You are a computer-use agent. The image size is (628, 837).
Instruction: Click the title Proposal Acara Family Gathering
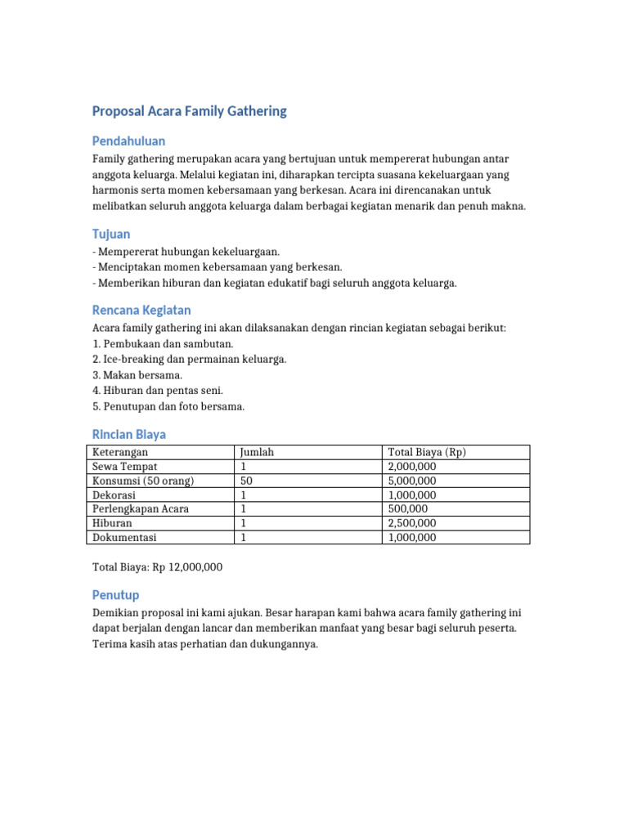tap(189, 111)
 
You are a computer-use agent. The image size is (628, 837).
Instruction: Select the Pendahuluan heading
tap(128, 141)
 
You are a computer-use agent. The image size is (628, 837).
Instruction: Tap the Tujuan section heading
tap(111, 234)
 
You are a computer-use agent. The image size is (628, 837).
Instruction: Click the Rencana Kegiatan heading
tap(141, 310)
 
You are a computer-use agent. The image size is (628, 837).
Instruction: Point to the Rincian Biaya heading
tap(129, 434)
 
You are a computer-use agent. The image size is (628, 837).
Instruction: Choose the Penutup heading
tap(115, 594)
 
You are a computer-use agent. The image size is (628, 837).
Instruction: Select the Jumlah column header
tap(257, 452)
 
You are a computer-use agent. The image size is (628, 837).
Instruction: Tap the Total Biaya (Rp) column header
tap(427, 452)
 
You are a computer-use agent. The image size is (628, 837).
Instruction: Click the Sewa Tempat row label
tap(122, 466)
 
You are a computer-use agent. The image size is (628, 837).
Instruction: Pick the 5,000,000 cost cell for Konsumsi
tap(413, 481)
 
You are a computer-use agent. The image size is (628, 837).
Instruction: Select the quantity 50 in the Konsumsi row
tap(245, 481)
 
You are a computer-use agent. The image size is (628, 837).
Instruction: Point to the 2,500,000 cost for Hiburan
tap(413, 523)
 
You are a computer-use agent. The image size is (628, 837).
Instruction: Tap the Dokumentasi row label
tap(124, 537)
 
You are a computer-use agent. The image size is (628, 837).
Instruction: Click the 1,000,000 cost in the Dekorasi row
tap(413, 495)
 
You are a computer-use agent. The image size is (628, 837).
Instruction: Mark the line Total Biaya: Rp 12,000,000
tap(157, 566)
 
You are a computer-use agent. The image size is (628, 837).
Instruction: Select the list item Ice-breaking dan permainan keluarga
tap(190, 360)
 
